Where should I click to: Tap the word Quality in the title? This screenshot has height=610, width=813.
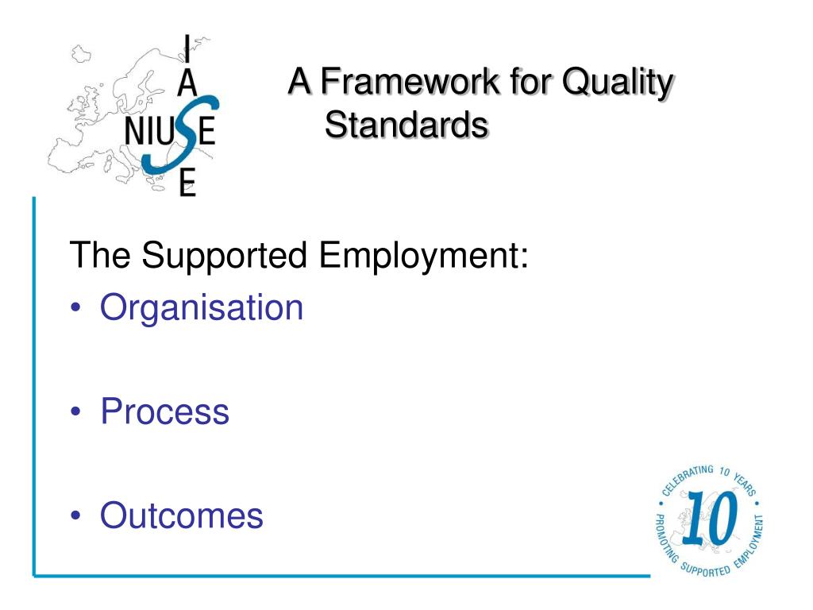[x=617, y=82]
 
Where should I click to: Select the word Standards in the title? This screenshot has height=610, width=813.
[x=406, y=125]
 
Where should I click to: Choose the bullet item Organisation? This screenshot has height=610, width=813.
[x=202, y=308]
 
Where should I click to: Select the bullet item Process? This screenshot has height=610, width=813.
[x=164, y=412]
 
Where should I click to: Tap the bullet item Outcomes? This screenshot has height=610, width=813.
[x=181, y=515]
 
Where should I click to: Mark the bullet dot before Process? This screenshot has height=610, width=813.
[x=76, y=413]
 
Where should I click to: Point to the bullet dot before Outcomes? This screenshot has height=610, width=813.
[x=76, y=516]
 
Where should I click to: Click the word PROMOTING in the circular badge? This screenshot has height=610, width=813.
[x=665, y=537]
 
